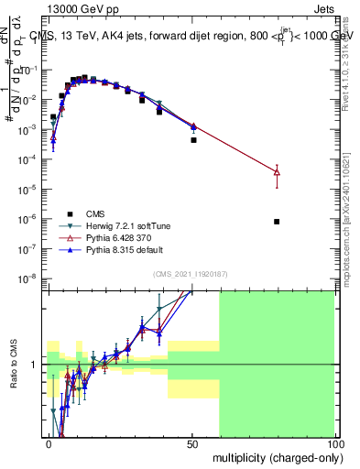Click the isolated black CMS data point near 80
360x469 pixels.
click(x=277, y=222)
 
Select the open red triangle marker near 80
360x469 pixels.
click(x=277, y=171)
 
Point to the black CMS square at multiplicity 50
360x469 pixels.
click(x=193, y=140)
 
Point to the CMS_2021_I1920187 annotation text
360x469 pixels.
click(x=191, y=272)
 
